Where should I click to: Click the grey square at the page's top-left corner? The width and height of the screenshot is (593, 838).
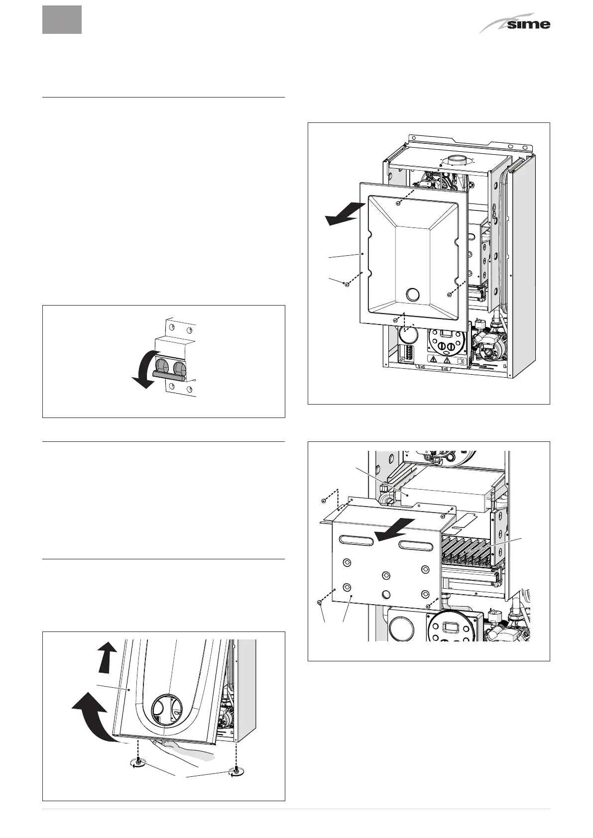[x=62, y=19]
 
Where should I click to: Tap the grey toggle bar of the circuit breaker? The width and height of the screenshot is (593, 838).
[x=169, y=373]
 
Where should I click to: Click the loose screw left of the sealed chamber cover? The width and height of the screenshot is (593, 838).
[x=345, y=284]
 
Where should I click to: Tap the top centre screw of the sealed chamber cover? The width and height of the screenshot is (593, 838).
[x=399, y=203]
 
